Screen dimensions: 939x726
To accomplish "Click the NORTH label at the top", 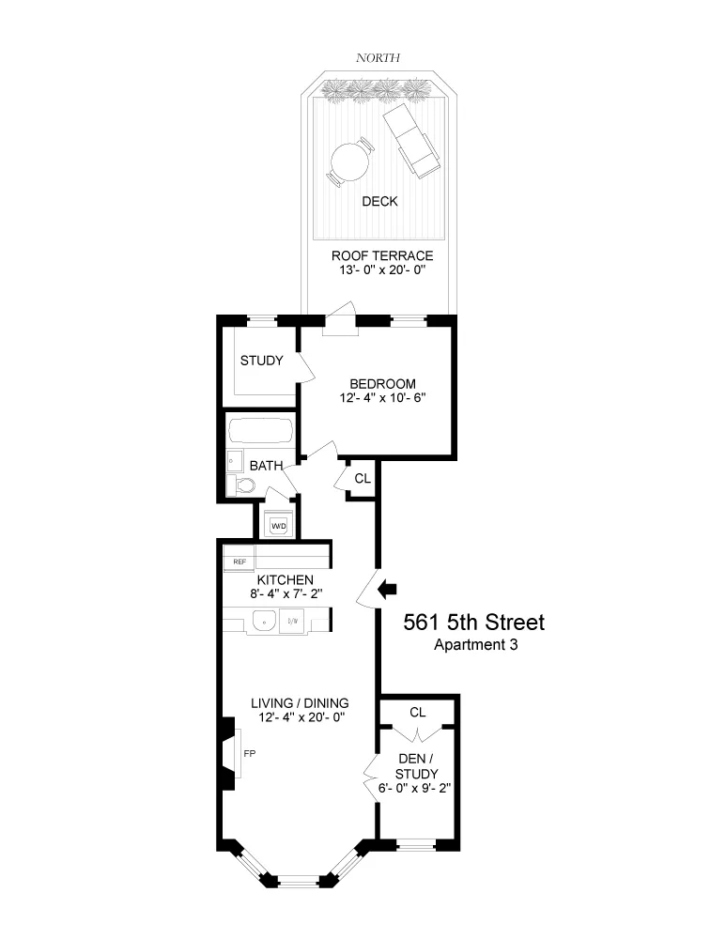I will (378, 58).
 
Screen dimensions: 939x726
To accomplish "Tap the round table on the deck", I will (349, 162).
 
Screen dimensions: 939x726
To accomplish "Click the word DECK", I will (379, 202).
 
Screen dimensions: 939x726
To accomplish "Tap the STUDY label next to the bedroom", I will (261, 361).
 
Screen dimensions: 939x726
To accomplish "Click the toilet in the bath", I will (244, 485).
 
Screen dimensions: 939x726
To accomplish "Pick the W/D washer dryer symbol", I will (279, 526).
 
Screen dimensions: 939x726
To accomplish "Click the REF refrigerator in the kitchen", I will (239, 562).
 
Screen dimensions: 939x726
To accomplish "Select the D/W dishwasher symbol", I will (292, 620).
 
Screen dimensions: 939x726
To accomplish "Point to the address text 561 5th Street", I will (473, 623).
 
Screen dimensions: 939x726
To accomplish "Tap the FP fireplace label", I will (250, 753).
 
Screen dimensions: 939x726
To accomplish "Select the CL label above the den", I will (418, 713).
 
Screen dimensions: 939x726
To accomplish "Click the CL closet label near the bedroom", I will (363, 478).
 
